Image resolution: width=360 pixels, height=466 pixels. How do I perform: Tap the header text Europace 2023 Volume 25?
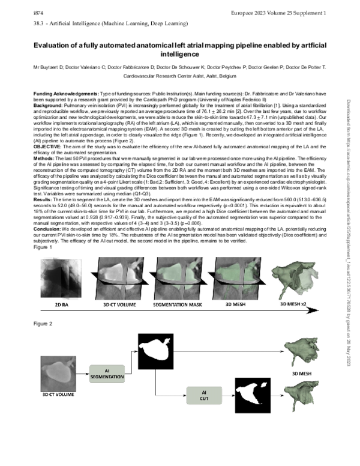290,12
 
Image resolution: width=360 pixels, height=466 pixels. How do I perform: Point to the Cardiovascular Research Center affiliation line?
179,77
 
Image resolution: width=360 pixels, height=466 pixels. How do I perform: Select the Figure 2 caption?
43,324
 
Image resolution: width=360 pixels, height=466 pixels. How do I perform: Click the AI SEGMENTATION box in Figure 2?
108,374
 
